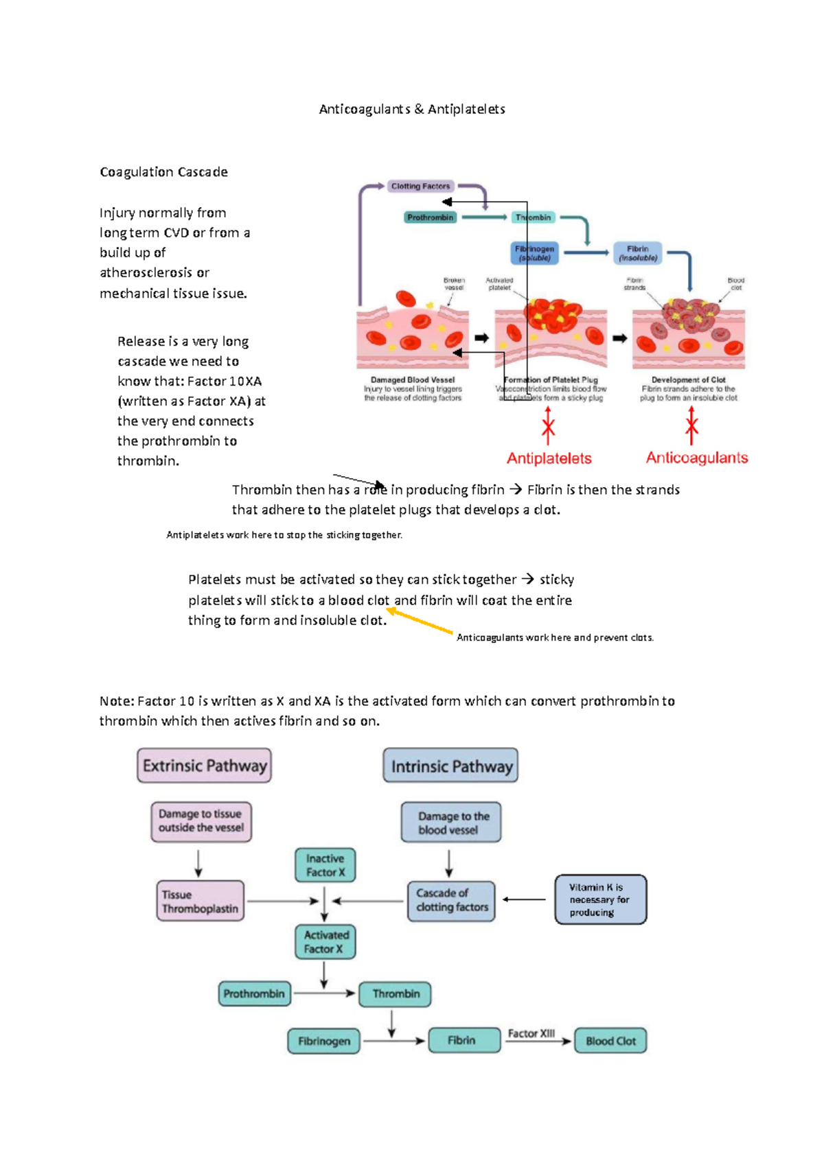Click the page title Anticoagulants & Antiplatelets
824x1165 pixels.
(x=412, y=109)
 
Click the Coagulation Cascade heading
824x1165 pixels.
(x=163, y=172)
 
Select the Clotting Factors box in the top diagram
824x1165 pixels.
(x=420, y=186)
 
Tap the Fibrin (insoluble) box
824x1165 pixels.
(x=637, y=253)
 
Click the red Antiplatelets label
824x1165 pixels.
(x=549, y=458)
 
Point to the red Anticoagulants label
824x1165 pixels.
(x=696, y=458)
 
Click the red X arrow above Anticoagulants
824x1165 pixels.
(x=691, y=426)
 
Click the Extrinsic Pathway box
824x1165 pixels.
(x=205, y=766)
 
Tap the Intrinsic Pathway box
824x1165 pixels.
(x=451, y=766)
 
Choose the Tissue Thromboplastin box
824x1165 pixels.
(x=200, y=901)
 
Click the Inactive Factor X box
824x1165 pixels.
(x=325, y=865)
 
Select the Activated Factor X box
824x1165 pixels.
(x=325, y=942)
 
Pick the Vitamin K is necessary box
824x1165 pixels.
(x=600, y=899)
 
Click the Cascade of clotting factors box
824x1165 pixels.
(x=451, y=900)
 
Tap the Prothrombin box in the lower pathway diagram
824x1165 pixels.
(x=253, y=993)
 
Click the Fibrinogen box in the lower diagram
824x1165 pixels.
(x=323, y=1041)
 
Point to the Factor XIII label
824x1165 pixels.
(x=531, y=1033)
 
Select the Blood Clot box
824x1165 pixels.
(x=610, y=1041)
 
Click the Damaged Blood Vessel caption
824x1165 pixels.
(x=413, y=379)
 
